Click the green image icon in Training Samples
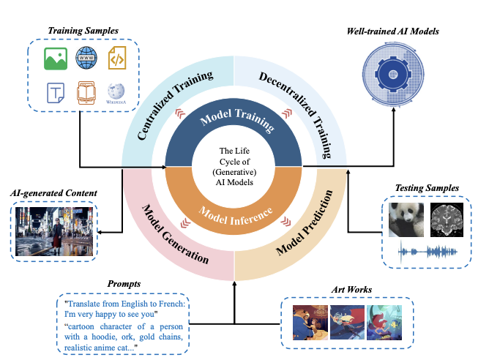pyautogui.click(x=54, y=59)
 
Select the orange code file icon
pyautogui.click(x=117, y=58)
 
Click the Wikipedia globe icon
pyautogui.click(x=116, y=92)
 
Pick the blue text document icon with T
pyautogui.click(x=54, y=93)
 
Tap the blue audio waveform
pyautogui.click(x=426, y=252)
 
